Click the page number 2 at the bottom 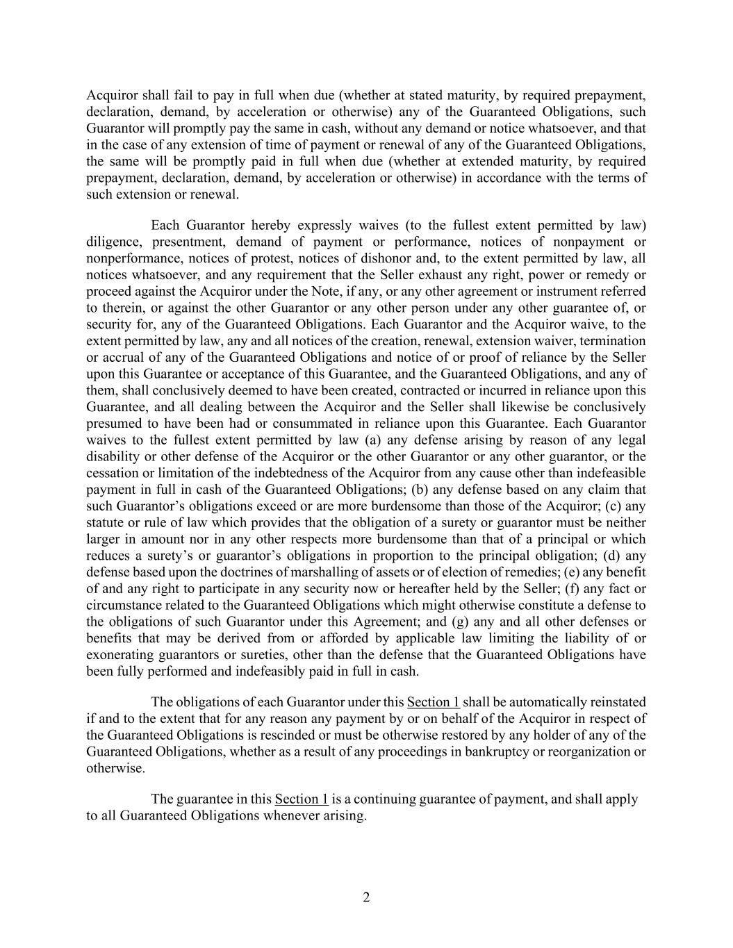click(366, 897)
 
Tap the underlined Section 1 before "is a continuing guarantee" click(302, 799)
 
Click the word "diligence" click(114, 242)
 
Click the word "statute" click(106, 523)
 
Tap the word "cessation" click(113, 473)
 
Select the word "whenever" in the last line click(290, 815)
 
